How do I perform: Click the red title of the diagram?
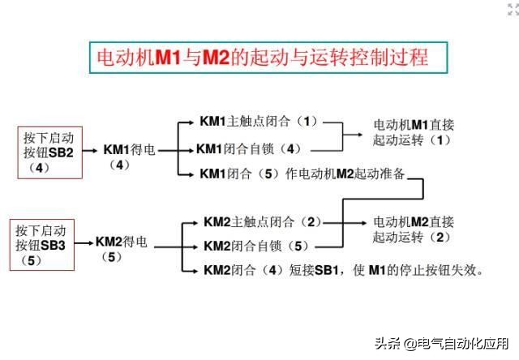[263, 58]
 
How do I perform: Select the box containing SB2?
[50, 152]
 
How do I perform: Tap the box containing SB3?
[42, 245]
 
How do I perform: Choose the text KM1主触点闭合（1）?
[259, 122]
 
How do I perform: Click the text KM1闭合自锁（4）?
[250, 149]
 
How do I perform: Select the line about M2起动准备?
[302, 174]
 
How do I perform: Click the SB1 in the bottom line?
[326, 270]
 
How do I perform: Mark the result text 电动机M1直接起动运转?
[414, 133]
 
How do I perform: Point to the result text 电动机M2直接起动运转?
[414, 229]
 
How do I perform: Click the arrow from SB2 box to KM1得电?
[90, 151]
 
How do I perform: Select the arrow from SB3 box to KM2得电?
[84, 243]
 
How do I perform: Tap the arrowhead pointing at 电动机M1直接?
[360, 135]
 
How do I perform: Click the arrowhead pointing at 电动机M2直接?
[363, 223]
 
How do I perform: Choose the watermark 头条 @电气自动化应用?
[441, 344]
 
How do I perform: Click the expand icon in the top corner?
[513, 9]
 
